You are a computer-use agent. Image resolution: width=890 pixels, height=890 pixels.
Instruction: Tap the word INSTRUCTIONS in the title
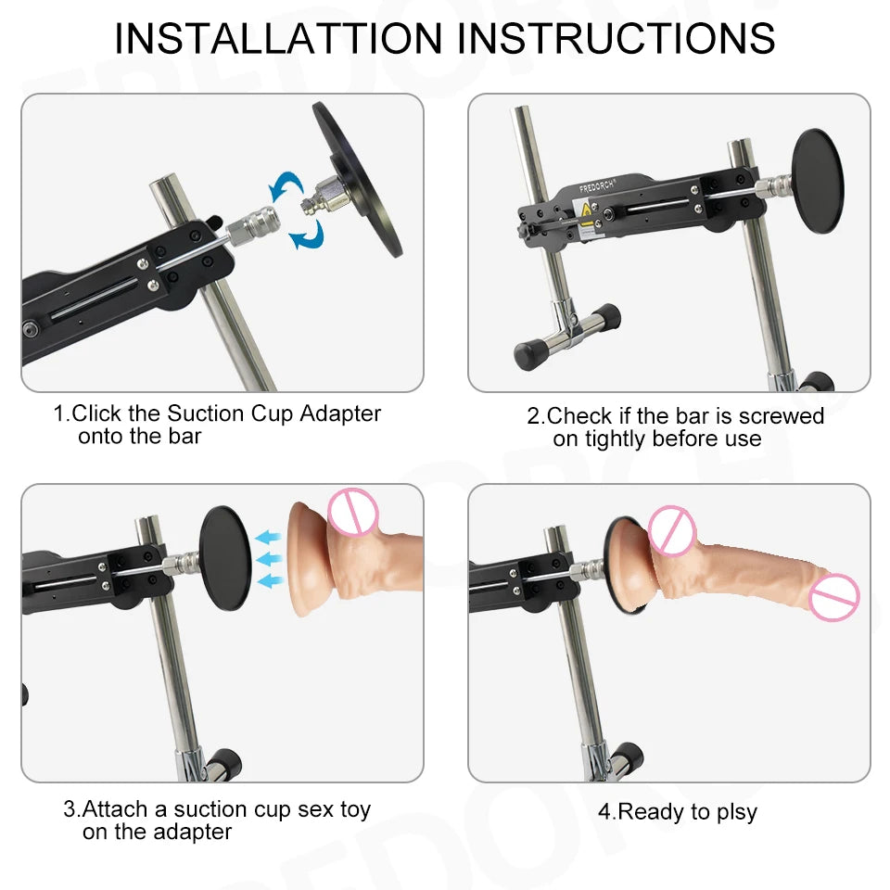pyautogui.click(x=617, y=39)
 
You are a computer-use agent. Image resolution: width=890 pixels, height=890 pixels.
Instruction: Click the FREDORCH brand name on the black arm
pyautogui.click(x=600, y=187)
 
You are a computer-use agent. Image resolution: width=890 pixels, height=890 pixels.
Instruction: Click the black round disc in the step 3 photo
pyautogui.click(x=225, y=556)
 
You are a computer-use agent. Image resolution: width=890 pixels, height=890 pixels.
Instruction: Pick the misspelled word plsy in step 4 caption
pyautogui.click(x=733, y=812)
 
